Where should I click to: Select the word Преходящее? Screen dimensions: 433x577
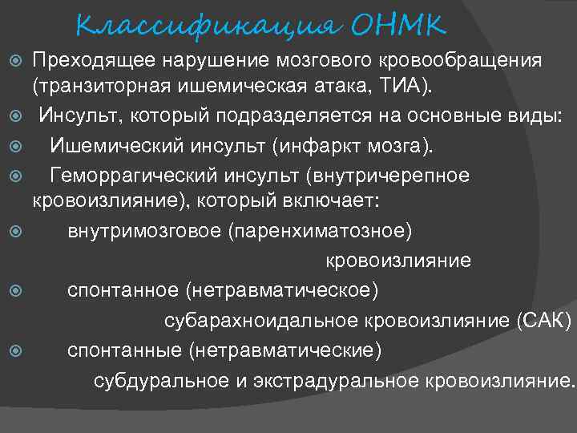coord(95,60)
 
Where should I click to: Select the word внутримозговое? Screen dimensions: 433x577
coord(143,233)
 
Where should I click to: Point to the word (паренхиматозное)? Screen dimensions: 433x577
coord(321,233)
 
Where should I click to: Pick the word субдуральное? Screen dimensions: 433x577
coord(162,379)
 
